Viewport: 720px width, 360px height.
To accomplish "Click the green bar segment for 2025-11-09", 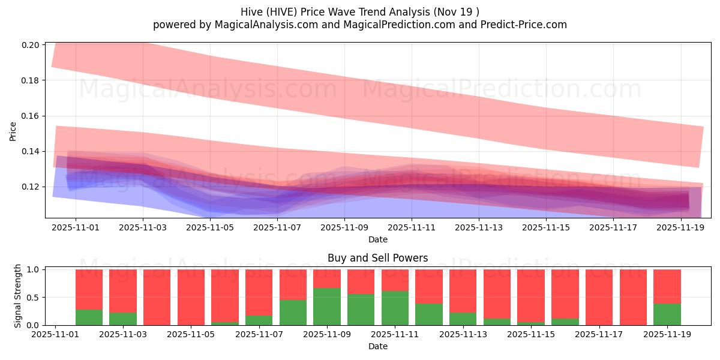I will point(327,307).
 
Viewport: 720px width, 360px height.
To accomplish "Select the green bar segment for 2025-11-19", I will point(667,314).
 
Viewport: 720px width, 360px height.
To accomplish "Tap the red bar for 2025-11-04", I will point(157,297).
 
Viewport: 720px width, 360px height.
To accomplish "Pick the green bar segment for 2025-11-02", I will point(89,317).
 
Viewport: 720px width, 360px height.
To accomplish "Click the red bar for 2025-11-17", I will point(599,297).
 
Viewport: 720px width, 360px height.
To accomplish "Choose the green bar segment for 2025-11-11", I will point(395,308).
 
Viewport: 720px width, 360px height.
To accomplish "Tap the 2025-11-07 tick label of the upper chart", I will point(277,228).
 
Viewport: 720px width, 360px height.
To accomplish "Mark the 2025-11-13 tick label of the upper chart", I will point(479,228).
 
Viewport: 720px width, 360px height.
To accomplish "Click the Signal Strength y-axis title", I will point(18,295).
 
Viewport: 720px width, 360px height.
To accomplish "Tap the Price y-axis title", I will point(13,130).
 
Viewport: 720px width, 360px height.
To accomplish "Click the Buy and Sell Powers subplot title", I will point(377,259).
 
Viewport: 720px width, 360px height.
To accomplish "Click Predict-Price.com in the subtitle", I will point(529,25).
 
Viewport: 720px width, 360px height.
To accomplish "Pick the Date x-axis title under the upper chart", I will point(377,239).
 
